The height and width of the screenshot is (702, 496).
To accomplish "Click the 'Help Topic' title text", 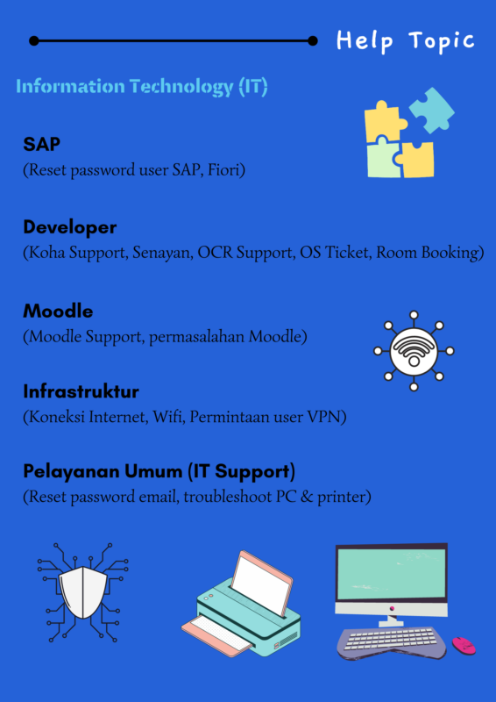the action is click(x=405, y=41).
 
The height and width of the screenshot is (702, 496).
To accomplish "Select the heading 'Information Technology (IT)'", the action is click(x=142, y=86).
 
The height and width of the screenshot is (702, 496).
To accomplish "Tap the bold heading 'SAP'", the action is click(x=41, y=144).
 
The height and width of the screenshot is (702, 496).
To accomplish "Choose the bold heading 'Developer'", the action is click(x=70, y=227).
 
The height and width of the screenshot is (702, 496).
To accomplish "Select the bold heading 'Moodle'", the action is click(x=58, y=312).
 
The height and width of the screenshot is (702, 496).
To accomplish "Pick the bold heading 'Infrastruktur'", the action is click(x=81, y=391).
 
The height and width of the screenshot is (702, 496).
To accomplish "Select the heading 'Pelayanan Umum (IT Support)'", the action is click(x=159, y=472).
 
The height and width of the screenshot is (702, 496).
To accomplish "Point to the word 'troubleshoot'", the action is click(x=226, y=498).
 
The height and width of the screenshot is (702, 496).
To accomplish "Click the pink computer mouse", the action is click(x=464, y=645).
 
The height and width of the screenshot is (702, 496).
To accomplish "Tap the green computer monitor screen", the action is click(x=392, y=574).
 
